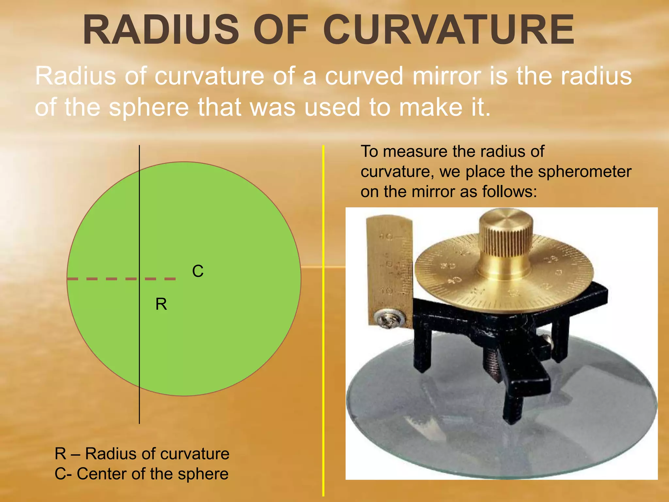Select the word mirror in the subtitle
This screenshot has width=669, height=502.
click(x=447, y=76)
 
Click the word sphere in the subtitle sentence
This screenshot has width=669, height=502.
click(x=149, y=107)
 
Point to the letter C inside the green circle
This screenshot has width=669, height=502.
click(x=198, y=271)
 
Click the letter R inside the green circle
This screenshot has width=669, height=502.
click(x=161, y=304)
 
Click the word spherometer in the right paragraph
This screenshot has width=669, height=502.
click(x=584, y=172)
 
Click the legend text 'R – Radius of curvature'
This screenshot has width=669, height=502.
click(x=142, y=454)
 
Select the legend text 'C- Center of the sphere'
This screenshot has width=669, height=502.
click(x=141, y=474)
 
